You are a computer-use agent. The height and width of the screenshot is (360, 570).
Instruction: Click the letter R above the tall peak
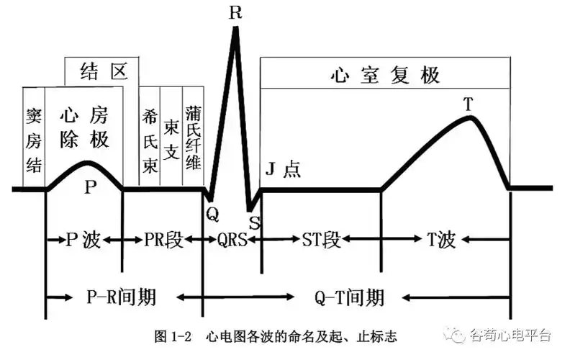pyautogui.click(x=236, y=12)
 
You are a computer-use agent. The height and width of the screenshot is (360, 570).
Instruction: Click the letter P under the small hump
pyautogui.click(x=90, y=187)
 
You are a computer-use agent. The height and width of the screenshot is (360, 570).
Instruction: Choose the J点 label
pyautogui.click(x=283, y=169)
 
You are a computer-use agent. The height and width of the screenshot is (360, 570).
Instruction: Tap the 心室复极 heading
pyautogui.click(x=385, y=75)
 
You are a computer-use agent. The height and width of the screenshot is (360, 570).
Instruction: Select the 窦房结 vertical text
pyautogui.click(x=34, y=140)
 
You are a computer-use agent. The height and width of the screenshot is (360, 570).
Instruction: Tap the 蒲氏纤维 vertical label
pyautogui.click(x=193, y=138)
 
